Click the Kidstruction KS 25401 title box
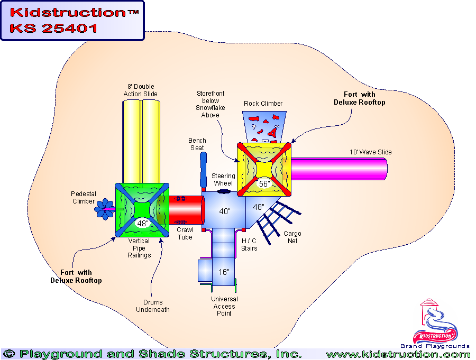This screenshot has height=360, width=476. pos(72,20)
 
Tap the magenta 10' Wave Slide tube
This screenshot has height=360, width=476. pos(338,168)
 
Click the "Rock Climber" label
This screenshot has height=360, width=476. pos(263,104)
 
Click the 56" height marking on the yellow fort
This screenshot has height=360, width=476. pos(264,183)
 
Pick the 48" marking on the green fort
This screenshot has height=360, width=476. pos(142,224)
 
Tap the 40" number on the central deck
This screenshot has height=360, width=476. pos(225,211)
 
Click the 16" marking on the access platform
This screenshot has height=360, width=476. pos(224,272)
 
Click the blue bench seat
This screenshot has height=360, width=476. pos(204,169)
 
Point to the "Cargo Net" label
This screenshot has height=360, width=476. pos(292,237)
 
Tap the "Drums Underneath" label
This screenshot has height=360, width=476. pos(152,306)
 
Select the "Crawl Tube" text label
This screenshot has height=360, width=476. pos(185,234)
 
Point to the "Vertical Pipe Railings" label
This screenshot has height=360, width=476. pos(139,248)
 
